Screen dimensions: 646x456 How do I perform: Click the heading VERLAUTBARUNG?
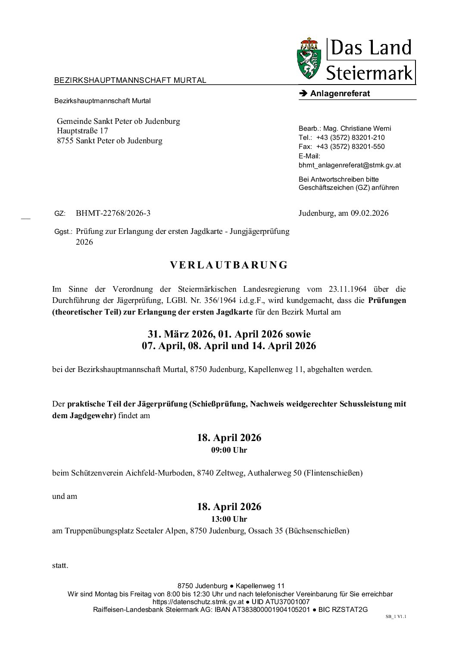pyautogui.click(x=228, y=265)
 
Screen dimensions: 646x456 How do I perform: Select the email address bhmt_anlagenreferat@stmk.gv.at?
pyautogui.click(x=350, y=165)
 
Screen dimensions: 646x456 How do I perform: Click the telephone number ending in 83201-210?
pyautogui.click(x=350, y=138)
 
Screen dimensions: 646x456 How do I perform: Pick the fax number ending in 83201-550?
pyautogui.click(x=350, y=147)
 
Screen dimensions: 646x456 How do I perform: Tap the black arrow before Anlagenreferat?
pyautogui.click(x=302, y=94)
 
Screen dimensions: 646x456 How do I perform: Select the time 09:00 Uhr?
pyautogui.click(x=229, y=450)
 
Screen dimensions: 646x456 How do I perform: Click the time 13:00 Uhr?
pyautogui.click(x=229, y=519)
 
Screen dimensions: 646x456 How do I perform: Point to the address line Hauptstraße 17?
pyautogui.click(x=82, y=131)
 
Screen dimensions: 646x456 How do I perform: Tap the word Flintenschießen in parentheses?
pyautogui.click(x=333, y=473)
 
